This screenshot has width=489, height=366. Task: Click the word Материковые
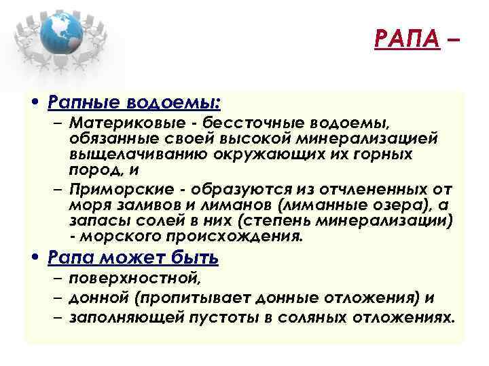(122, 124)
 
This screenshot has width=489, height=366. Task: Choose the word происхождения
(236, 237)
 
